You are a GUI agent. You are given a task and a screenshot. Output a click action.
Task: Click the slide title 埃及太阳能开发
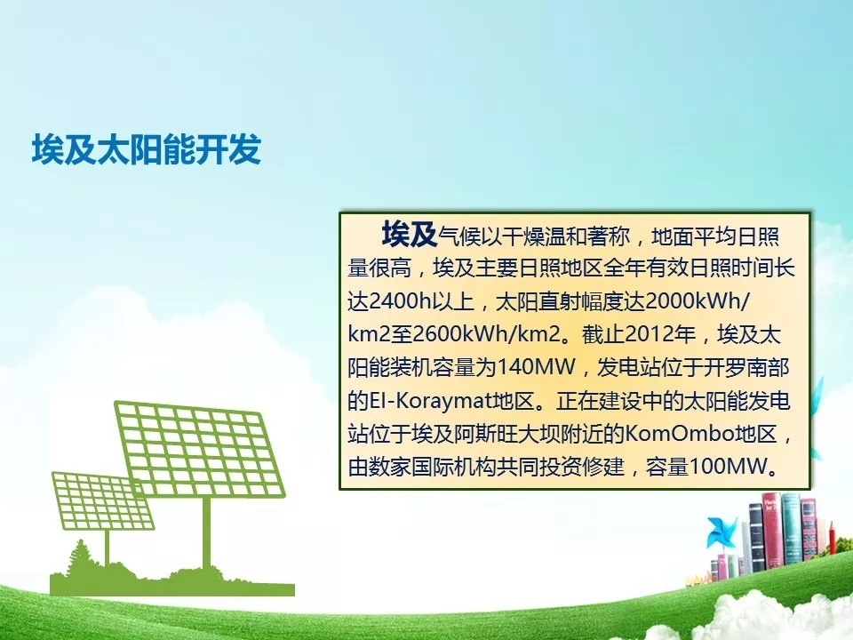pos(147,148)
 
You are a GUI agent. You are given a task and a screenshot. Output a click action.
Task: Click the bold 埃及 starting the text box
pos(409,234)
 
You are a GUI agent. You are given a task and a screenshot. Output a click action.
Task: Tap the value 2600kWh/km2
pos(486,333)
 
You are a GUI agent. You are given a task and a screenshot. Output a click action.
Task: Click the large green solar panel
pos(199,449)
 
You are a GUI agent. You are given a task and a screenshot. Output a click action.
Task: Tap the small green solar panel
pos(102,500)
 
